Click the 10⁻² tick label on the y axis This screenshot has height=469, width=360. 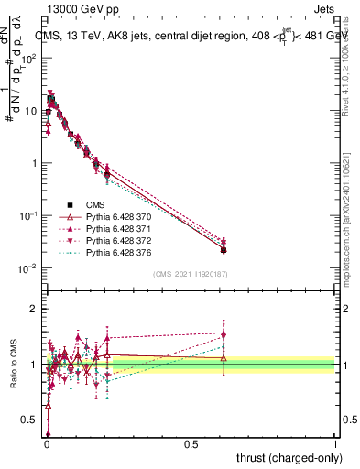[x=27, y=268]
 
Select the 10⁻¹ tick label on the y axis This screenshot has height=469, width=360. [x=27, y=215]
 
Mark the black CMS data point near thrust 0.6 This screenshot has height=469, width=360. [x=224, y=250]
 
